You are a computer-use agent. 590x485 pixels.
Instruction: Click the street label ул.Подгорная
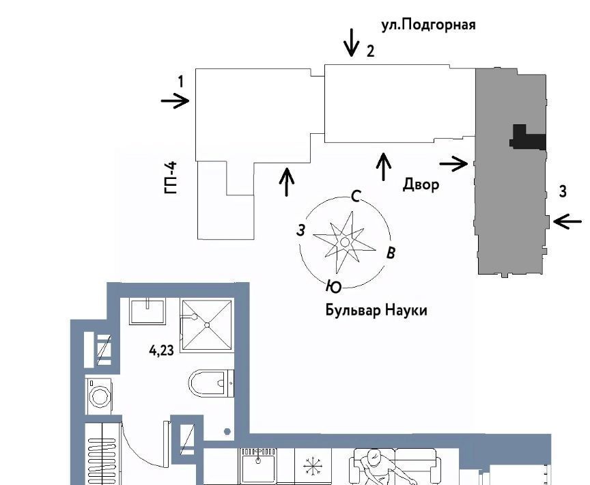pos(428,25)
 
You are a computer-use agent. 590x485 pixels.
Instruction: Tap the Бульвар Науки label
pos(376,311)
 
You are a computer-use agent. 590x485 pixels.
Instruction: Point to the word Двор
pos(421,184)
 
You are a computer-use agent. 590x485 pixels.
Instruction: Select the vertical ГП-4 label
pos(171,178)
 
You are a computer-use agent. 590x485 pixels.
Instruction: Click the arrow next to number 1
pos(175,101)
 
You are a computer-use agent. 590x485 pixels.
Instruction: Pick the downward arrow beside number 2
pos(352,42)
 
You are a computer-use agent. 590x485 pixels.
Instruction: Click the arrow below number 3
pos(567,221)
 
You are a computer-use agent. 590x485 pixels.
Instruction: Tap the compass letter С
pos(356,196)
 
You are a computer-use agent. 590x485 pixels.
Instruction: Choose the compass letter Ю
pos(333,287)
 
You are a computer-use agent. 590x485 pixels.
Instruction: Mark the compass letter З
pos(300,230)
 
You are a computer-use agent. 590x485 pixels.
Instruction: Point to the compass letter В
pos(391,253)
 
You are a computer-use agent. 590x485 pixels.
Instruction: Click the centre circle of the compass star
pos(345,242)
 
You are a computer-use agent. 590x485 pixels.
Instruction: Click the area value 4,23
pos(161,350)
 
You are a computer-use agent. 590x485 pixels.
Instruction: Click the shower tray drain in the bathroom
pos(207,324)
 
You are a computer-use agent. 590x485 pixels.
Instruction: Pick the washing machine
pos(99,396)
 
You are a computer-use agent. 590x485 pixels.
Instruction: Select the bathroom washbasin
pos(147,311)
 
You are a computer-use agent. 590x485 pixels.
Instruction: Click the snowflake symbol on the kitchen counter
pos(313,466)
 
